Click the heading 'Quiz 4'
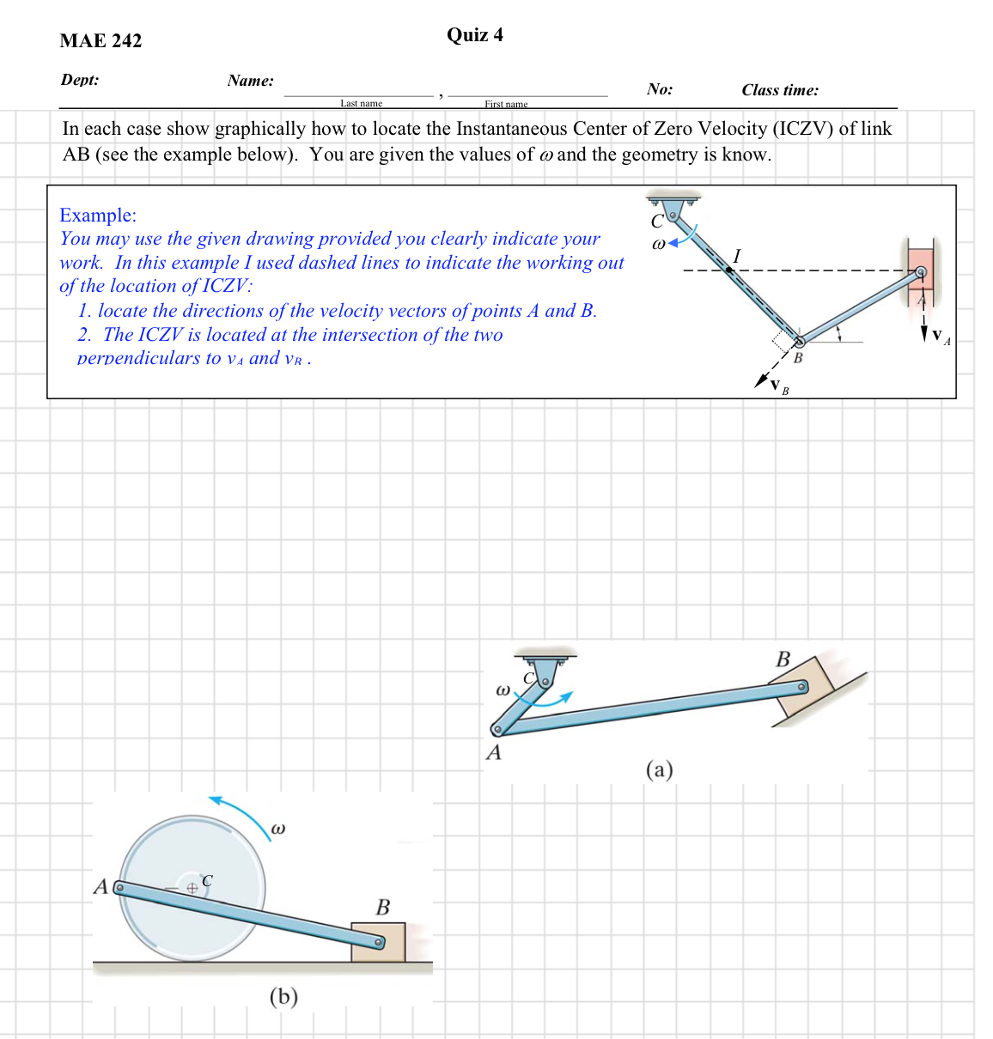pos(474,35)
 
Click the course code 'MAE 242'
pos(101,41)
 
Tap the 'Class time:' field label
pos(779,90)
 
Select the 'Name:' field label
pos(250,81)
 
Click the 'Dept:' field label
pos(80,80)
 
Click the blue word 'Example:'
pos(98,215)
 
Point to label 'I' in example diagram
pos(736,255)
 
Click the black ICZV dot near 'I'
pos(728,270)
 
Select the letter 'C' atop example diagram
pos(656,221)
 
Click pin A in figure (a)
pos(496,731)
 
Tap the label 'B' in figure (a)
pos(783,659)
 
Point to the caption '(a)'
pos(659,769)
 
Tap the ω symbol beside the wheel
pos(277,829)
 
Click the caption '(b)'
pos(283,996)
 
